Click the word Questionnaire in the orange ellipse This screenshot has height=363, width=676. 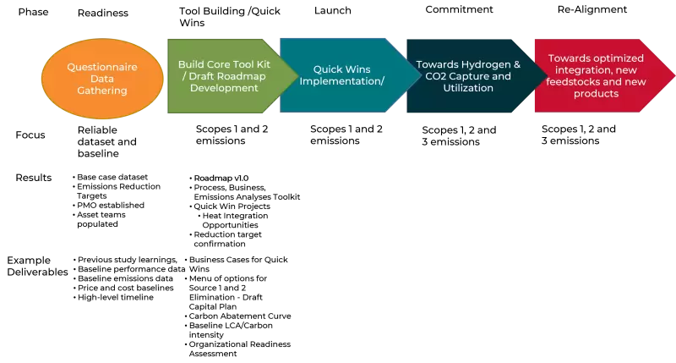coord(102,66)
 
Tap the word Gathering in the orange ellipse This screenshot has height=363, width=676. coord(102,90)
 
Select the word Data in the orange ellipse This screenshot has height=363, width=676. coord(102,78)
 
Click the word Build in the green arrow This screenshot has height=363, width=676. coord(193,64)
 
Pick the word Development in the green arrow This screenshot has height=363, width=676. coord(224,88)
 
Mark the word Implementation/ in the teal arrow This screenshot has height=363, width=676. coord(342,81)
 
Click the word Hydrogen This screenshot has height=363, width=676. coord(485,64)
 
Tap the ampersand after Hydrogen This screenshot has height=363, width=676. coord(517,64)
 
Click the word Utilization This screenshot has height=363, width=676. coord(468,88)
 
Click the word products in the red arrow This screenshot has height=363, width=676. coord(596,94)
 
